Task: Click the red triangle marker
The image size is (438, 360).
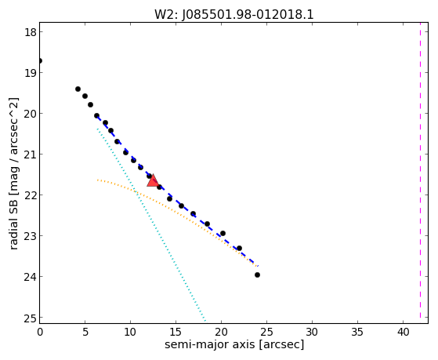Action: tap(153, 180)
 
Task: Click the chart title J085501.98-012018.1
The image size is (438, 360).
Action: tap(248, 15)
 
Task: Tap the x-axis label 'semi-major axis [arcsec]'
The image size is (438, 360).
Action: tap(234, 344)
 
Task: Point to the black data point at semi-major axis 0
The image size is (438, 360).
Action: tap(40, 60)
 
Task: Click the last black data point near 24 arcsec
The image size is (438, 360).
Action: tap(257, 275)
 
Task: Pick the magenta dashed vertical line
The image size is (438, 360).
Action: tap(420, 173)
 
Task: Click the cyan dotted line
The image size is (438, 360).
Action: tap(152, 224)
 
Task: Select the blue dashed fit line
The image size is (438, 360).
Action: tap(178, 191)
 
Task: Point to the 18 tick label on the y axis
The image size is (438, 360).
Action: tap(31, 32)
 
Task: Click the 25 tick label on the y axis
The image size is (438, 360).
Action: tap(31, 318)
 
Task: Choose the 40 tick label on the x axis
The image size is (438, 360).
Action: tap(403, 333)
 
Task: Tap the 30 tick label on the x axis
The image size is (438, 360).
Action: tap(312, 333)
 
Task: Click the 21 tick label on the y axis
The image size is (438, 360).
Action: tap(31, 155)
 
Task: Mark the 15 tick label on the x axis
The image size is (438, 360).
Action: tap(176, 333)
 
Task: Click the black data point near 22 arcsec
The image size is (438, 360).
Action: tap(239, 248)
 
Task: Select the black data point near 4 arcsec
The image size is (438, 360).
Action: tap(78, 89)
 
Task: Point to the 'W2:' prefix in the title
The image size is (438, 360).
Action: tap(166, 15)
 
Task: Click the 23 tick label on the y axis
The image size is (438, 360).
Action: tap(31, 236)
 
